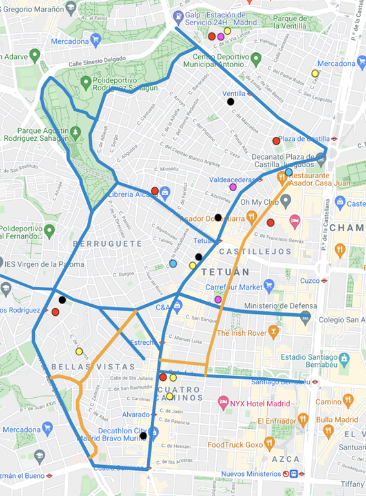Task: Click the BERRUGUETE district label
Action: (107, 243)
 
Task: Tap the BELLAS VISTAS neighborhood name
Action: (70, 366)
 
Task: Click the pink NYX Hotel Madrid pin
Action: (224, 402)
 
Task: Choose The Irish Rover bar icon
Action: (274, 332)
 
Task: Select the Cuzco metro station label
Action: (309, 280)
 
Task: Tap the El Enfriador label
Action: (281, 421)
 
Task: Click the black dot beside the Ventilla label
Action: (231, 101)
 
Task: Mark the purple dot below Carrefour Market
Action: (218, 300)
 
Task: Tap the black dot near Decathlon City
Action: (143, 436)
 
